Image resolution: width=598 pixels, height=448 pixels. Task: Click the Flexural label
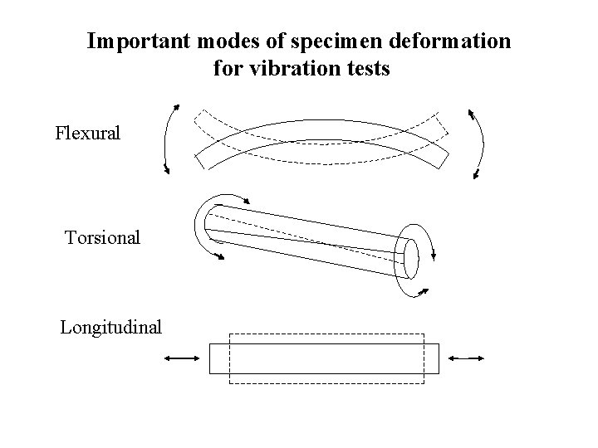87,133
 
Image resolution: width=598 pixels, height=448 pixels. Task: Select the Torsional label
102,238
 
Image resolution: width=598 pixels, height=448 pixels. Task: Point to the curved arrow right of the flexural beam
478,143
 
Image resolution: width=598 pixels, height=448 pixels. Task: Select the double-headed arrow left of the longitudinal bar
181,358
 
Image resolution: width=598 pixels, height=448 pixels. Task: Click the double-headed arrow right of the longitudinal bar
465,358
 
